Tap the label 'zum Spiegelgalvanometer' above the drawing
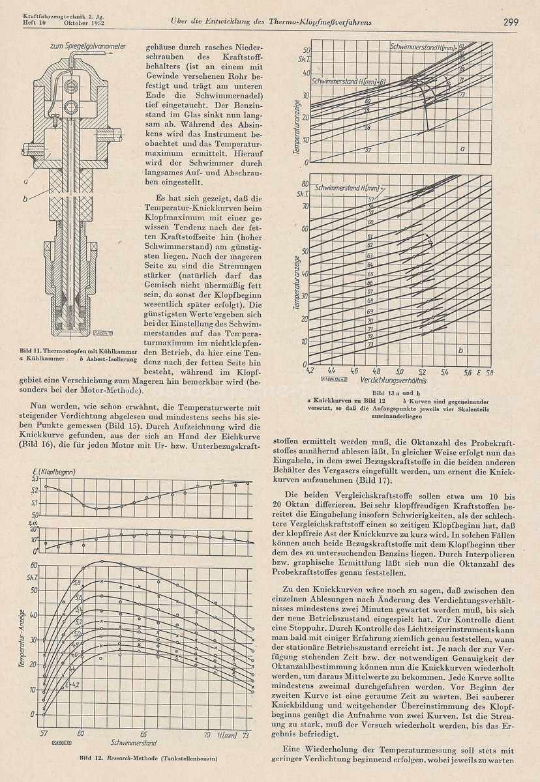(91, 46)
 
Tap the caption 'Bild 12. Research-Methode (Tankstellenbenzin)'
(148, 759)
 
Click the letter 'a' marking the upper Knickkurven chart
(462, 148)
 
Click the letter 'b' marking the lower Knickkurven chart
(461, 350)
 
